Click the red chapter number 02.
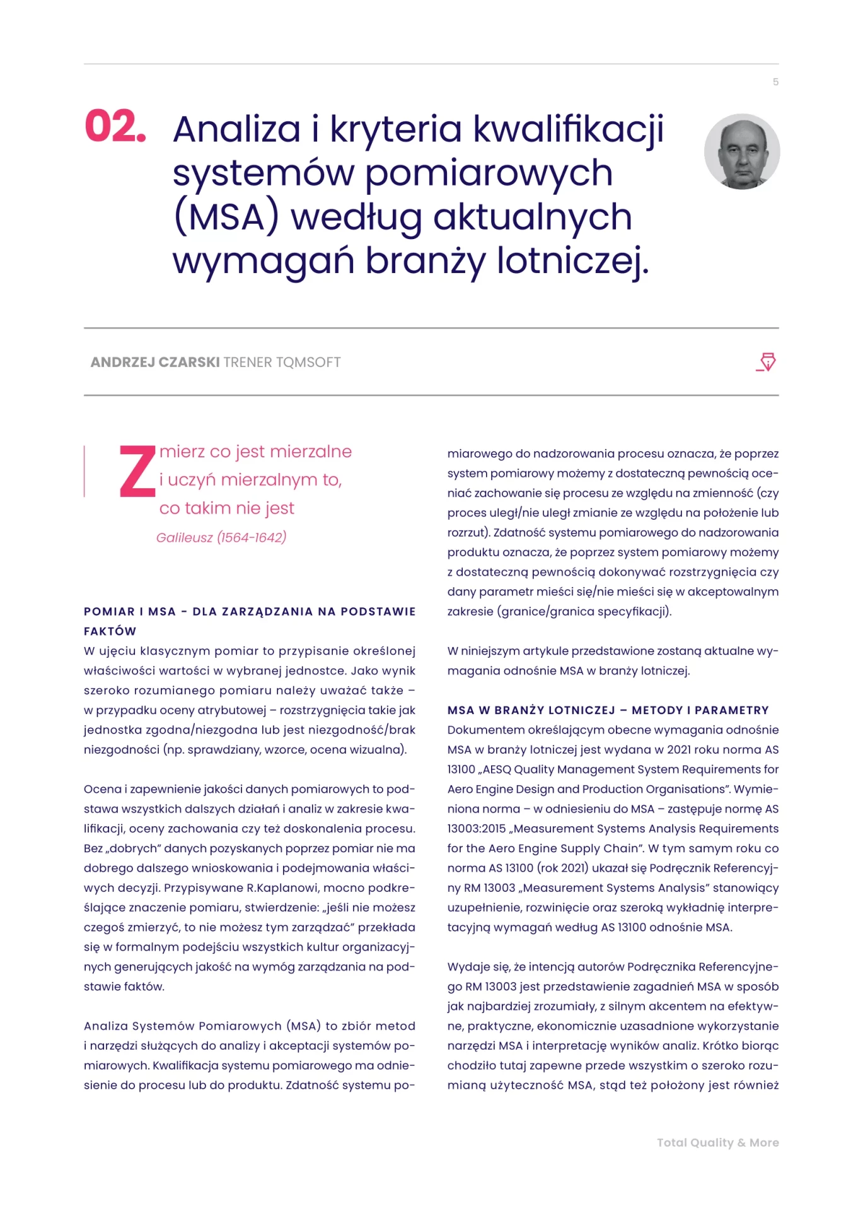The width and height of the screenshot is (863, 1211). (x=115, y=126)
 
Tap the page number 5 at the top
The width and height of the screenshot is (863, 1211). (x=775, y=82)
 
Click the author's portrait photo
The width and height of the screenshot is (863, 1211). (x=742, y=151)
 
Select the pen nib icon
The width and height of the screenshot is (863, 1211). (x=767, y=362)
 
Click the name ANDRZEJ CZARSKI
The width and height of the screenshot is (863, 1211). (x=155, y=362)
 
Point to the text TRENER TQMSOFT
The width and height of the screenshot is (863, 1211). (x=282, y=362)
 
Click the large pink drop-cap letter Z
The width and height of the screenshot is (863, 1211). (x=137, y=471)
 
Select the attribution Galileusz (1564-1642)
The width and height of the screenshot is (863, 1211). (x=221, y=537)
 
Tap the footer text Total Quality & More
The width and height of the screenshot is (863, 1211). (x=717, y=1143)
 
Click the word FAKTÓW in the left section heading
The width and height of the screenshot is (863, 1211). (x=110, y=631)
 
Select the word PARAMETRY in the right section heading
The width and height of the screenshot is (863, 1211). (x=731, y=710)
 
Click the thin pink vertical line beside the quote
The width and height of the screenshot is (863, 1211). (x=84, y=471)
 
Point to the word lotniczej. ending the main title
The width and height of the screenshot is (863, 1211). (x=572, y=261)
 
